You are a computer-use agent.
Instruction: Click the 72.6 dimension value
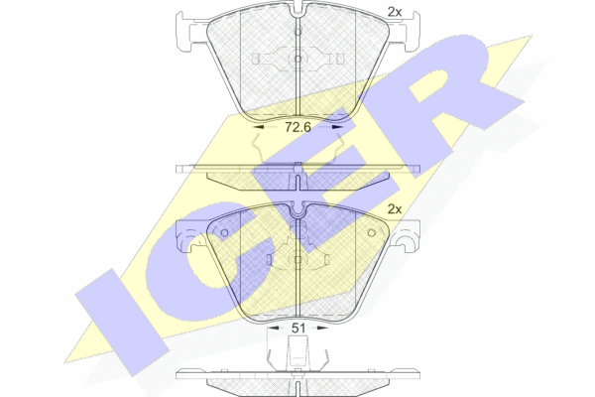(x=297, y=127)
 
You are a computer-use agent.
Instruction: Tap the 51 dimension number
(x=297, y=328)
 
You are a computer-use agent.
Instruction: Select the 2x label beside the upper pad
(x=395, y=12)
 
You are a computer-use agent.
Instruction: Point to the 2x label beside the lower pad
(x=395, y=209)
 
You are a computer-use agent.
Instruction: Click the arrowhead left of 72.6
(x=258, y=127)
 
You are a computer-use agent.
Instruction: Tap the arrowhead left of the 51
(x=274, y=328)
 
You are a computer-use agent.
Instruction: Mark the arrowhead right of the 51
(x=322, y=328)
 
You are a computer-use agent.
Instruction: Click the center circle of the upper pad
(x=297, y=59)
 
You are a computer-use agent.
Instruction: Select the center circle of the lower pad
(x=297, y=259)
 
